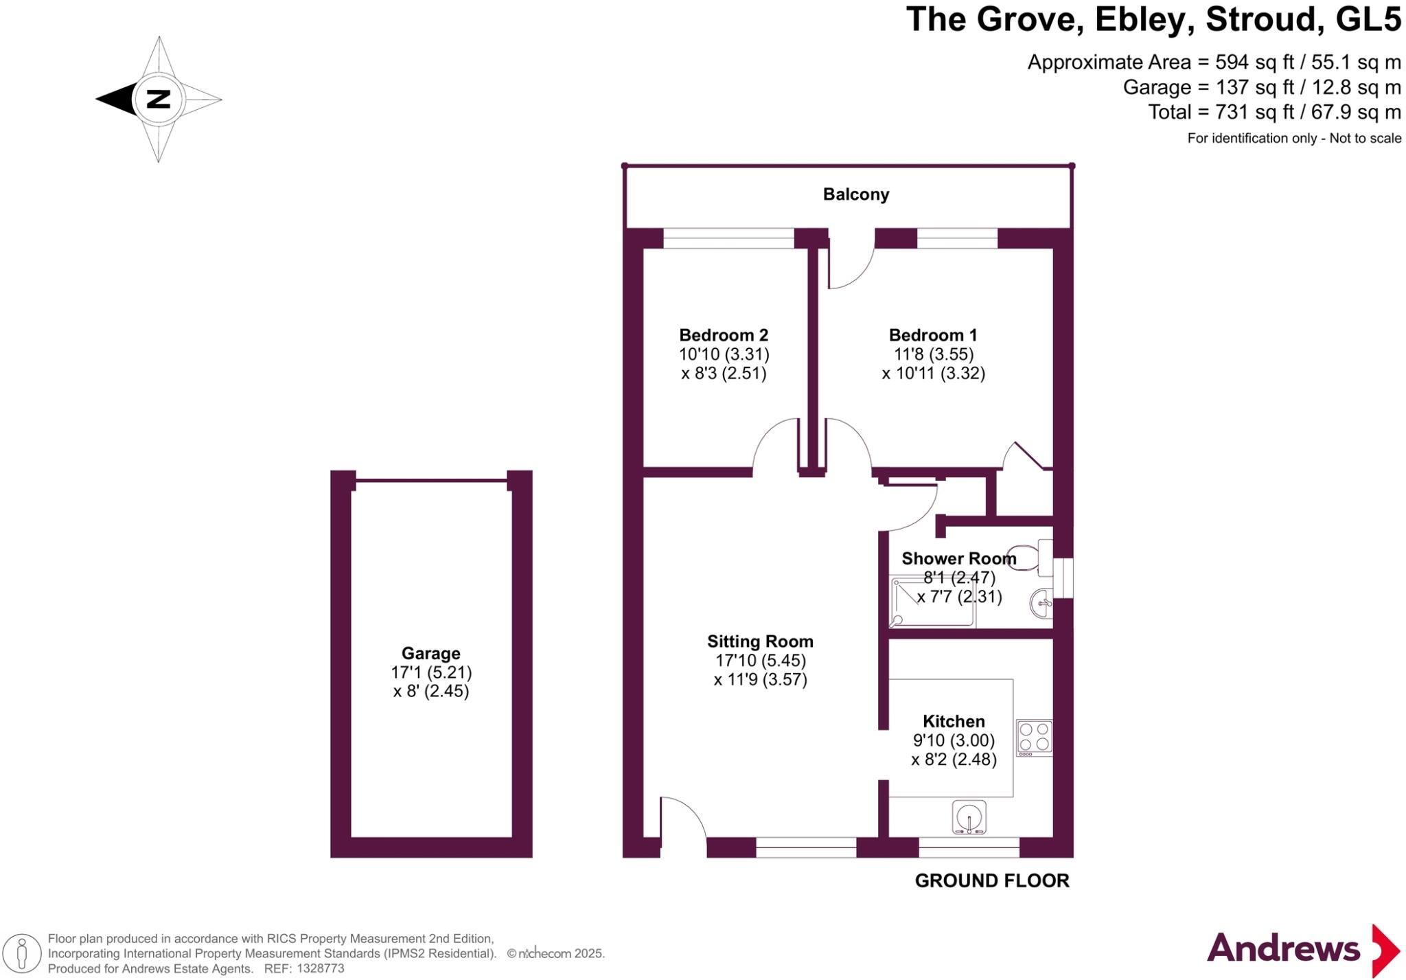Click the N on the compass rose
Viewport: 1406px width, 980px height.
point(159,99)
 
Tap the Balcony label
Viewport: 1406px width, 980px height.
point(855,194)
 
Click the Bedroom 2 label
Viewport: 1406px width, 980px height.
point(724,335)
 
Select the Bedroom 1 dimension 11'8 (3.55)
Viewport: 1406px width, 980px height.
point(933,354)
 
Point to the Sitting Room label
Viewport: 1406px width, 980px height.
point(760,641)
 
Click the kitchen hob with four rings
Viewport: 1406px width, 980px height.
point(1034,736)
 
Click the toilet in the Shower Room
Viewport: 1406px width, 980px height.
point(1027,557)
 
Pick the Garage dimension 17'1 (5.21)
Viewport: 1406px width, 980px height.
point(431,672)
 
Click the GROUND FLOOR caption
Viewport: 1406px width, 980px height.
point(991,881)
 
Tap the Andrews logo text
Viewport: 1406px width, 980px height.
point(1282,948)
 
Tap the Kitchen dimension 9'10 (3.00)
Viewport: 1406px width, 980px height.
point(954,741)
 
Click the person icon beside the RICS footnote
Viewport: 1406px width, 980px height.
point(23,953)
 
